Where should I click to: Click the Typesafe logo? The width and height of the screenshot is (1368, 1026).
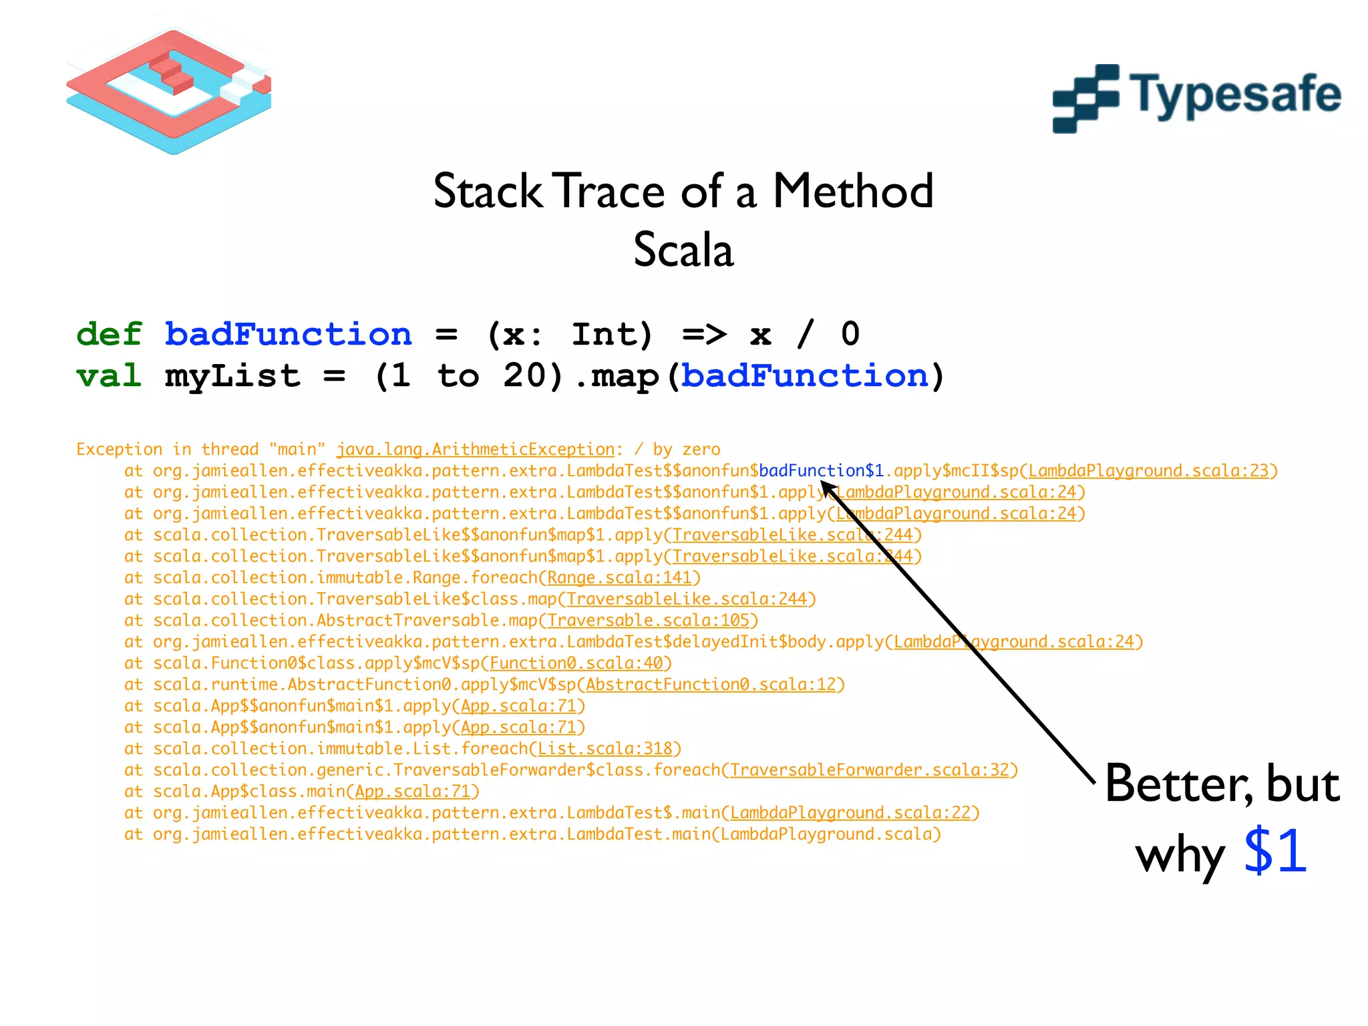1196,98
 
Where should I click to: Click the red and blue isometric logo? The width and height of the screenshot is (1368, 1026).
169,91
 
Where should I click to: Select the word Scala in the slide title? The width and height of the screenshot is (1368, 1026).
683,250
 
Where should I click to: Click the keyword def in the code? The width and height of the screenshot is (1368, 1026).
109,333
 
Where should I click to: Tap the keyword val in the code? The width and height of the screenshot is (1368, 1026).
109,375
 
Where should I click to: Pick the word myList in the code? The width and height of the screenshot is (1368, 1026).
232,375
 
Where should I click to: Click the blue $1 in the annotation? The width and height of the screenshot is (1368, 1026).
1274,851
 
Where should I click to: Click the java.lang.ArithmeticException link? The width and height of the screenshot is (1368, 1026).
475,450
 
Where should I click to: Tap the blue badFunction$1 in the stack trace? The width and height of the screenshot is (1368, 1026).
821,471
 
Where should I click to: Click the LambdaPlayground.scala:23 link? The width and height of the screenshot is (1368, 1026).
1148,471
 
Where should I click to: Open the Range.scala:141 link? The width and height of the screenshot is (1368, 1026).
619,578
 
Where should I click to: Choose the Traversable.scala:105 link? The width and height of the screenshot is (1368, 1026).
648,621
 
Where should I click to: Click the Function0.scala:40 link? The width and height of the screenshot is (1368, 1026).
576,663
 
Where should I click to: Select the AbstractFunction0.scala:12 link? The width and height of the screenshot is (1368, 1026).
711,685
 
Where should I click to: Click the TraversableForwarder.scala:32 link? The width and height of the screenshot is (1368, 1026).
869,770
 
